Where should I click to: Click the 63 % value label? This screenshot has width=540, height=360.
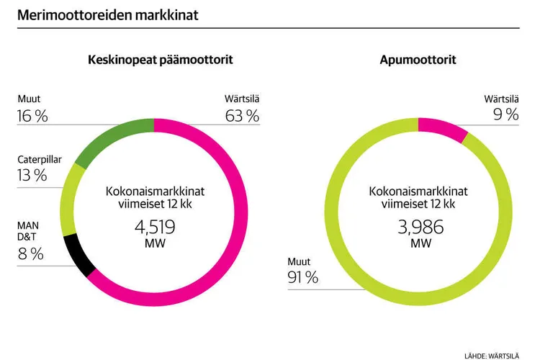click(242, 115)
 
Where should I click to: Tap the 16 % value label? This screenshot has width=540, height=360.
click(32, 115)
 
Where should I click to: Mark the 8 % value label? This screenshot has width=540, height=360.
click(30, 253)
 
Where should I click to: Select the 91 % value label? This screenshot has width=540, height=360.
click(303, 277)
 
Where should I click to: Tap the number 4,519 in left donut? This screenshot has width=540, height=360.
click(155, 228)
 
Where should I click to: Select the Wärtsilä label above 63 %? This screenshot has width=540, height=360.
click(242, 98)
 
